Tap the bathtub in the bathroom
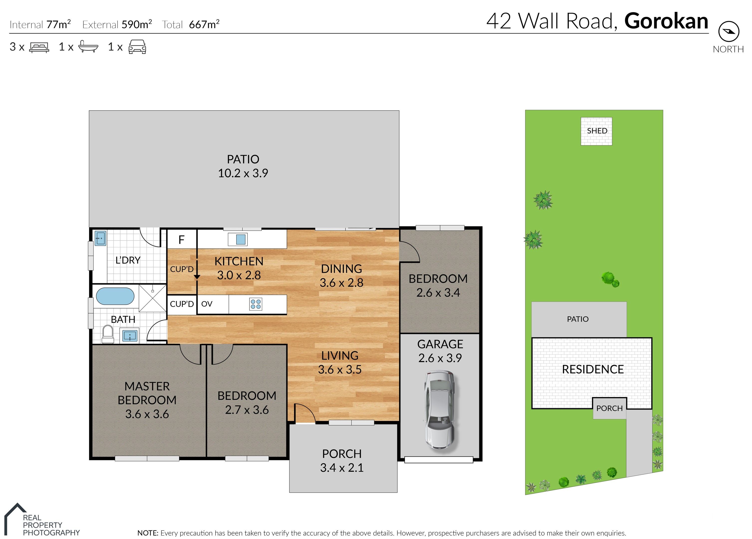[x=115, y=296]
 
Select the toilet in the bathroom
[x=108, y=334]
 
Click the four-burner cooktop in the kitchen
[x=256, y=304]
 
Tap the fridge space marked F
[x=181, y=240]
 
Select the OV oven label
[x=207, y=304]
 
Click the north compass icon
[x=729, y=31]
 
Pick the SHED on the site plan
[x=596, y=131]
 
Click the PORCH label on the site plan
[x=610, y=408]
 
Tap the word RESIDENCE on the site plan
[x=593, y=369]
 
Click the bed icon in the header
[x=39, y=47]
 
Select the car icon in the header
[x=137, y=47]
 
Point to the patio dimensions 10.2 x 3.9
[x=243, y=173]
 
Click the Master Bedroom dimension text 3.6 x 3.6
[x=147, y=414]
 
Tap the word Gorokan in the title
[x=666, y=21]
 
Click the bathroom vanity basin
[x=130, y=336]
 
